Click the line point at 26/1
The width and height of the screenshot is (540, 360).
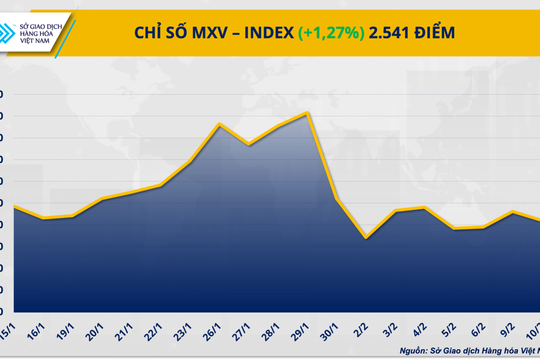pyautogui.click(x=219, y=124)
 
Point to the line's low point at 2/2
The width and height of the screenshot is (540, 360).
pyautogui.click(x=367, y=238)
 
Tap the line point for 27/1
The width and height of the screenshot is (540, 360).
pyautogui.click(x=248, y=145)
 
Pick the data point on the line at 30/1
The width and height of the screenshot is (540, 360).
pyautogui.click(x=337, y=200)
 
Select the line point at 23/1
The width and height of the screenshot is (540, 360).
pyautogui.click(x=190, y=161)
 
